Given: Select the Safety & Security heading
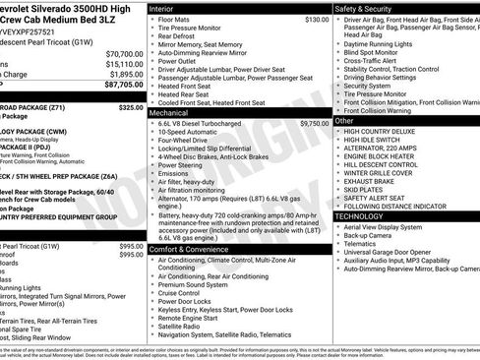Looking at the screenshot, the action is click(364, 8).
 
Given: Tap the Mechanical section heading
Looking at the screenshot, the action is click(170, 113).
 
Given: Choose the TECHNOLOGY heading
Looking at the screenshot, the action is click(359, 215).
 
